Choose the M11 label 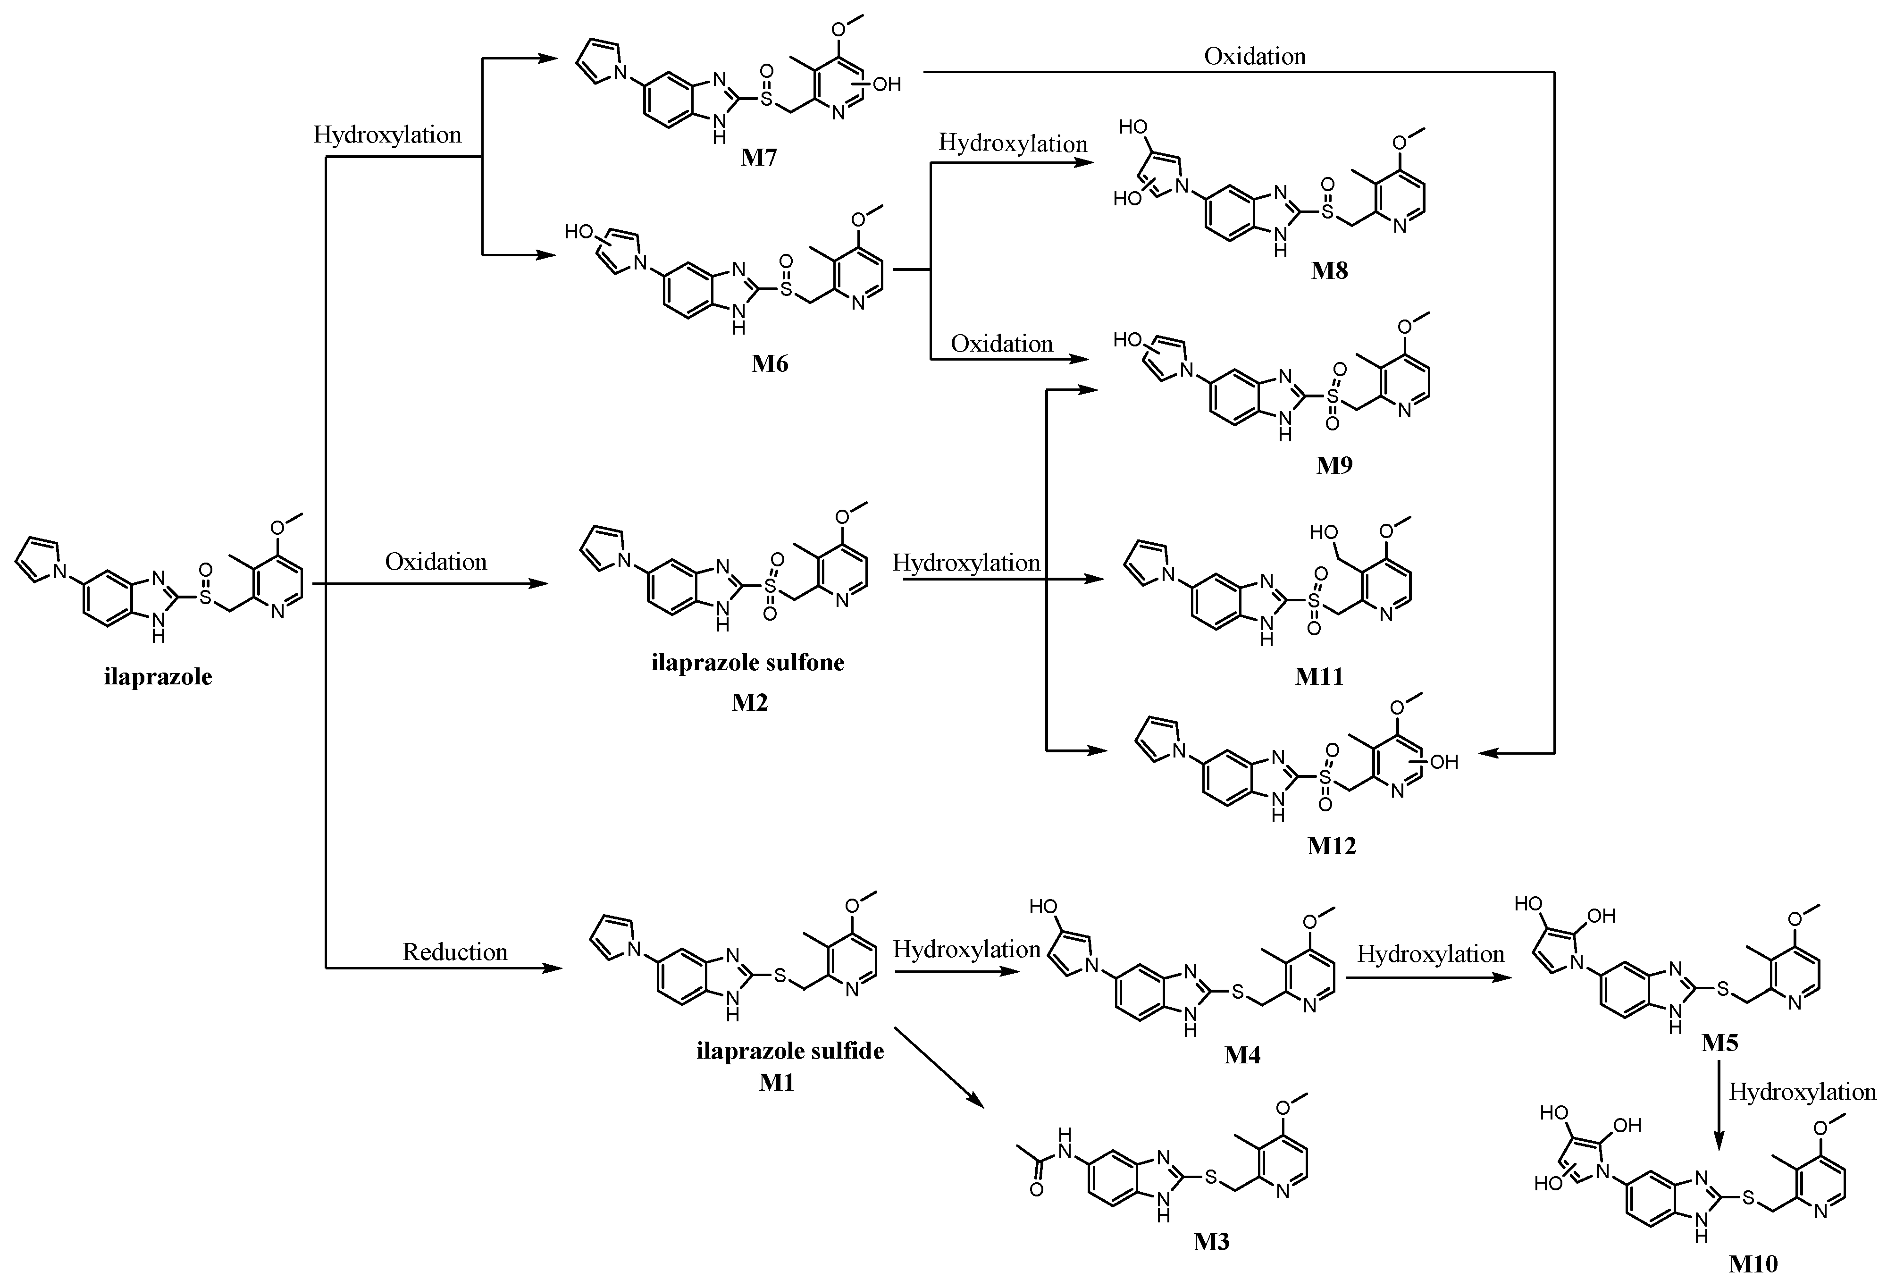pyautogui.click(x=1318, y=676)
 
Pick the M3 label pyautogui.click(x=1211, y=1241)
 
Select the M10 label pyautogui.click(x=1753, y=1263)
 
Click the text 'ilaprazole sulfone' pyautogui.click(x=748, y=663)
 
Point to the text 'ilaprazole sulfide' pyautogui.click(x=790, y=1051)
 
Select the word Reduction pyautogui.click(x=455, y=952)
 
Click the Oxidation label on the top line pyautogui.click(x=1255, y=56)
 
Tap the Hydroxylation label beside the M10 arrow pyautogui.click(x=1802, y=1092)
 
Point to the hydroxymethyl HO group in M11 pyautogui.click(x=1324, y=532)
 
